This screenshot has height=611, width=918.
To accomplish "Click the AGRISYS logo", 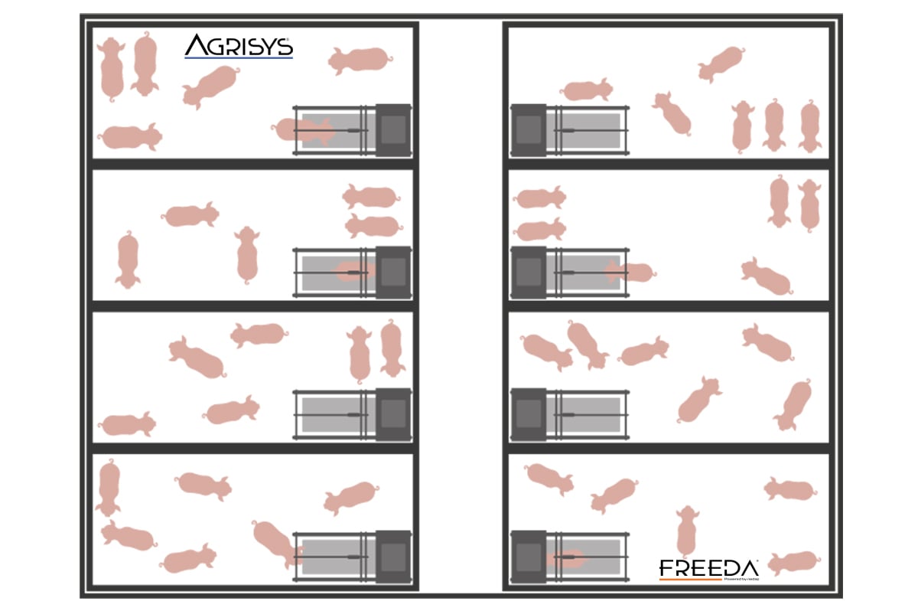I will pyautogui.click(x=238, y=47).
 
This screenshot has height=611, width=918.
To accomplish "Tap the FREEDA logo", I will pyautogui.click(x=708, y=570).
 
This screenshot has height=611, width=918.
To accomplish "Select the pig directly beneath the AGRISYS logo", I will pyautogui.click(x=210, y=84).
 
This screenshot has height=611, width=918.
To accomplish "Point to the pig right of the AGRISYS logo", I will pyautogui.click(x=360, y=59).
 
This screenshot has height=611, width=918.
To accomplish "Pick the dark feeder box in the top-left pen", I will pyautogui.click(x=393, y=130).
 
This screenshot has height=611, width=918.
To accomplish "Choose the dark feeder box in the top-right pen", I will pyautogui.click(x=528, y=130).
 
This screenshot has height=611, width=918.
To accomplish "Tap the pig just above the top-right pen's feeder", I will pyautogui.click(x=586, y=90).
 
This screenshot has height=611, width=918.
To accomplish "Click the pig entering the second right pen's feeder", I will pyautogui.click(x=629, y=272).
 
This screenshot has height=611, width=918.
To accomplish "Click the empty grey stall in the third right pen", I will pyautogui.click(x=584, y=414).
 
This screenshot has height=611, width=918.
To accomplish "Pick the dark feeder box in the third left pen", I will pyautogui.click(x=393, y=414).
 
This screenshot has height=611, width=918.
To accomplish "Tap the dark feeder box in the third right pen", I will pyautogui.click(x=528, y=414).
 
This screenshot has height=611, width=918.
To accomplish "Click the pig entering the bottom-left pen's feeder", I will pyautogui.click(x=275, y=542).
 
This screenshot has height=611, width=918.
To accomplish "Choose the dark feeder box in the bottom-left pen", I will pyautogui.click(x=393, y=557).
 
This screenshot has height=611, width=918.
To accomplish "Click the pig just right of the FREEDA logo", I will pyautogui.click(x=793, y=563).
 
